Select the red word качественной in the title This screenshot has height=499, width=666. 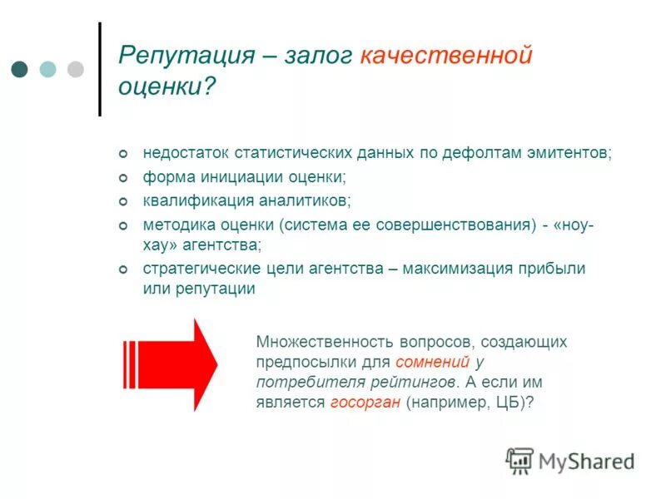click(446, 56)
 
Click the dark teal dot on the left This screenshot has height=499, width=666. click(20, 68)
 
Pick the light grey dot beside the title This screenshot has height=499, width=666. click(76, 68)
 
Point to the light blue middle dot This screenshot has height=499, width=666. click(48, 68)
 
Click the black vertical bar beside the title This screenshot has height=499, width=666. click(100, 68)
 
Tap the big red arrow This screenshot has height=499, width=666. click(170, 364)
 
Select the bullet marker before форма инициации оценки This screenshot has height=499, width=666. click(123, 178)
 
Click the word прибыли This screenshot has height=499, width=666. click(557, 269)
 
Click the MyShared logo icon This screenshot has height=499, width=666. click(519, 460)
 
